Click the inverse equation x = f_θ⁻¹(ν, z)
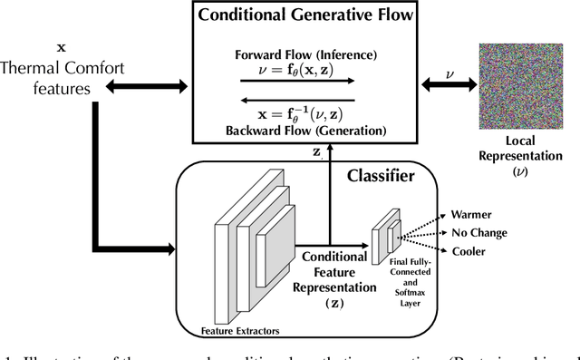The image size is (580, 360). click(303, 114)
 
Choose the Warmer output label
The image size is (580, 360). click(472, 216)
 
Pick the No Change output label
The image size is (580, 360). click(480, 233)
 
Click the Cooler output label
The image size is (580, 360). click(469, 250)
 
